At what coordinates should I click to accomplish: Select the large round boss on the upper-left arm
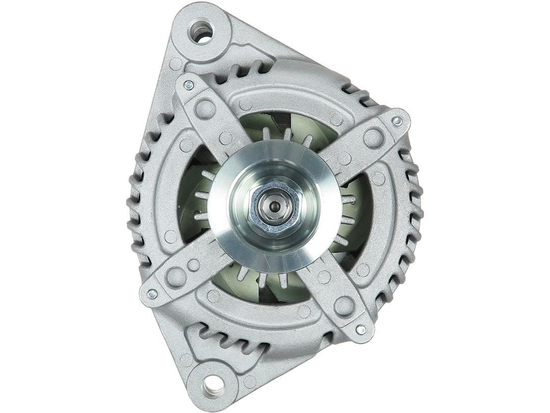pyautogui.click(x=205, y=107)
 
